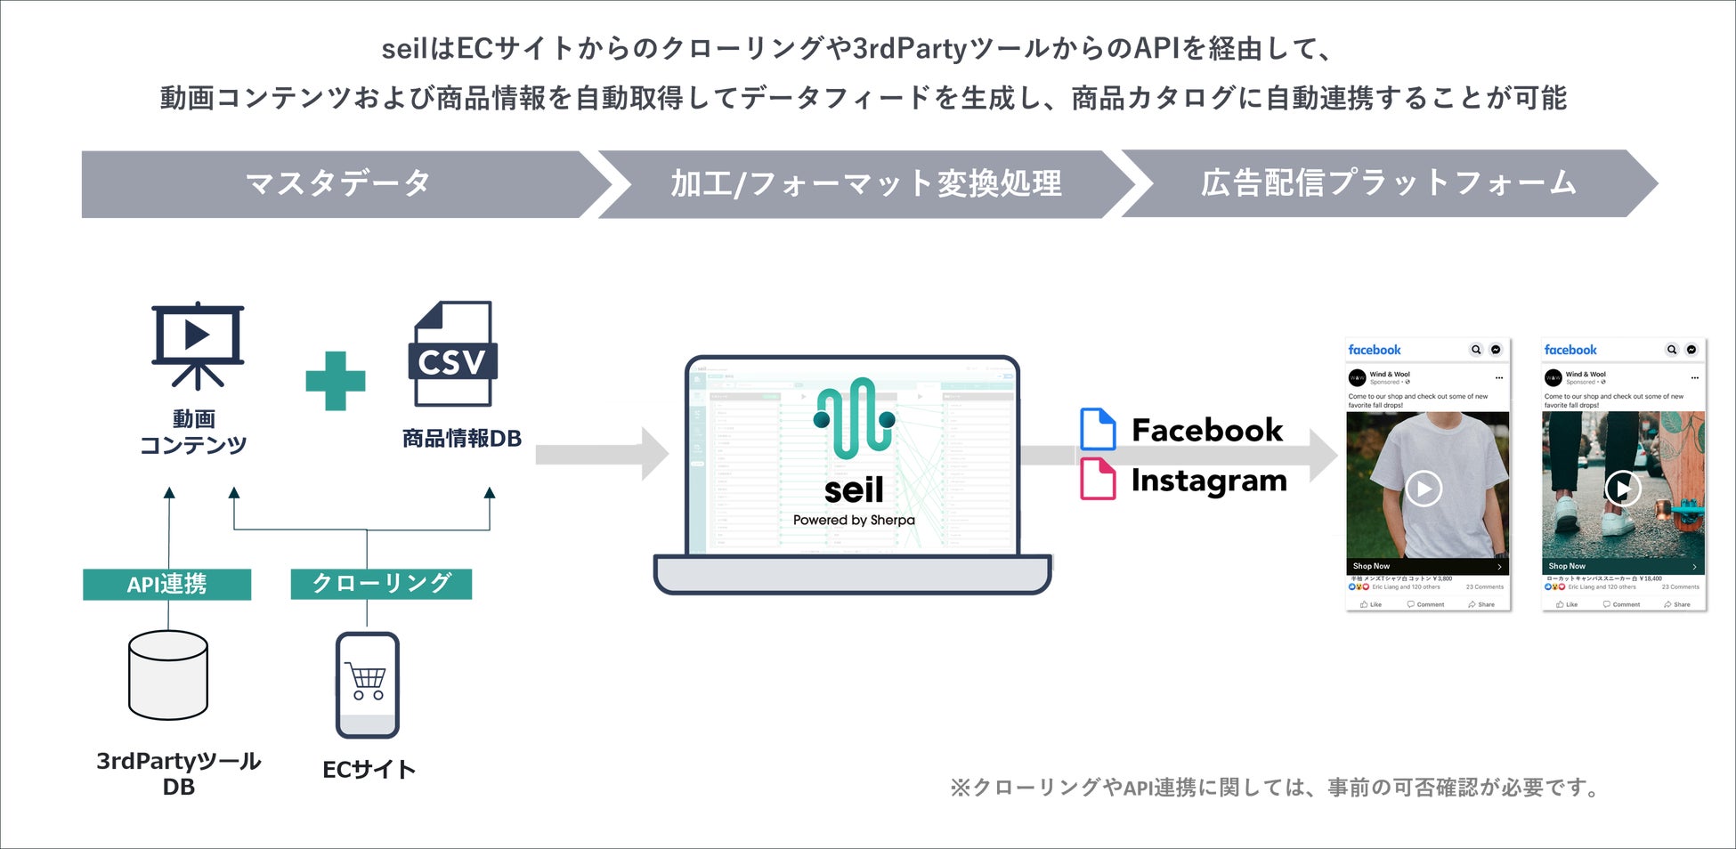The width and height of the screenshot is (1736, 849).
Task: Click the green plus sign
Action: (336, 381)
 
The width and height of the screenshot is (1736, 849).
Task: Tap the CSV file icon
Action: (452, 353)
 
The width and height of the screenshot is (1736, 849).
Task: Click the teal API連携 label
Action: (166, 584)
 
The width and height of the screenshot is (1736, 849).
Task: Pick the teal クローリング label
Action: (381, 584)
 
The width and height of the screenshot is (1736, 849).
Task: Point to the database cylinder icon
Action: (168, 675)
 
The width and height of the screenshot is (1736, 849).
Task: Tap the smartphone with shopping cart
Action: (368, 684)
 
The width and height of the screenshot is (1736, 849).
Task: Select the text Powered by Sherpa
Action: (854, 520)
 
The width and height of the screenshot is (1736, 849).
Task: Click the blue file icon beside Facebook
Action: (1098, 429)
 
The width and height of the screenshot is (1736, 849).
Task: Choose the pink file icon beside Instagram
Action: (1098, 480)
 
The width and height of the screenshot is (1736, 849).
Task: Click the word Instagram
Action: (1209, 481)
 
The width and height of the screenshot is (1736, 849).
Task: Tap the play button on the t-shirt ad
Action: (1424, 489)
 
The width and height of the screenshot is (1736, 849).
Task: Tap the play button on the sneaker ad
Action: (1622, 489)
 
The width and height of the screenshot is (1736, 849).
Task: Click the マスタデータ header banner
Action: (338, 184)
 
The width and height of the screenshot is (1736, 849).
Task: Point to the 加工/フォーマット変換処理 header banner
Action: (865, 184)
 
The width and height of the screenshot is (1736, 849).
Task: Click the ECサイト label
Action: (369, 770)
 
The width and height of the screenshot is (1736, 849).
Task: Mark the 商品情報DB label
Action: (461, 439)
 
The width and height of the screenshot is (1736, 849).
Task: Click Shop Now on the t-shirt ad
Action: (1372, 566)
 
